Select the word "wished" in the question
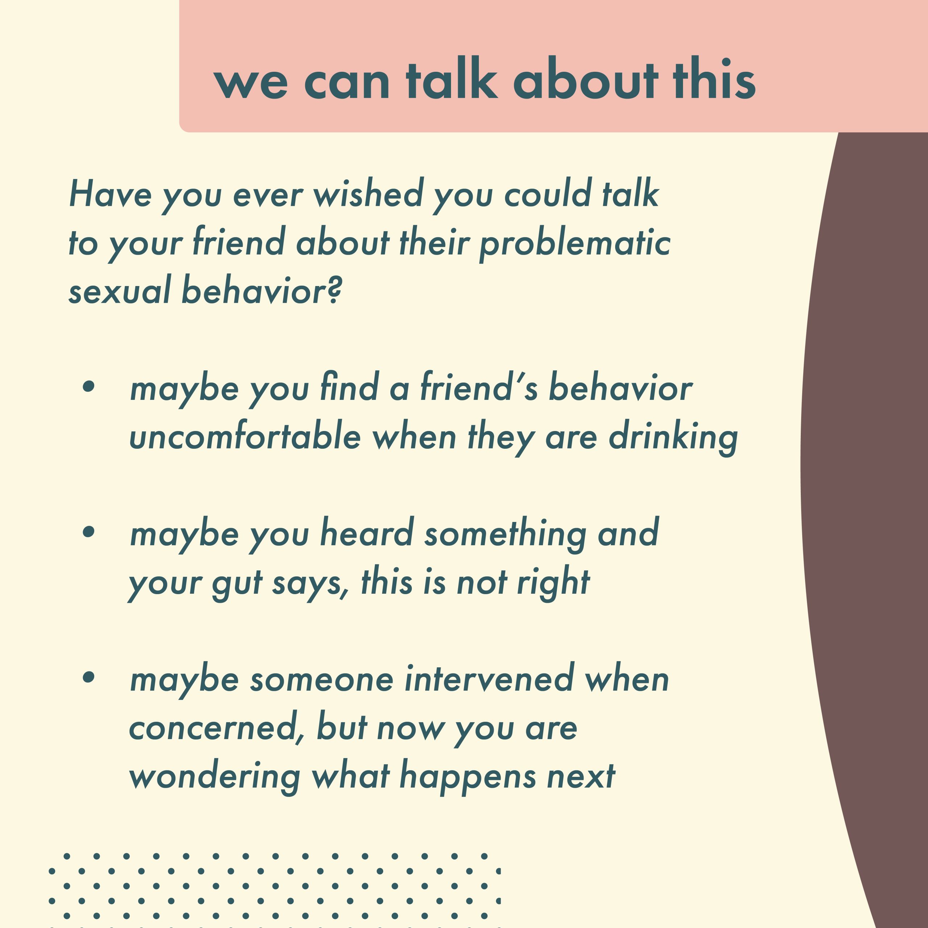tap(368, 193)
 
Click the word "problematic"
tap(575, 243)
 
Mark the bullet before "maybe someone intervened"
tap(89, 677)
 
